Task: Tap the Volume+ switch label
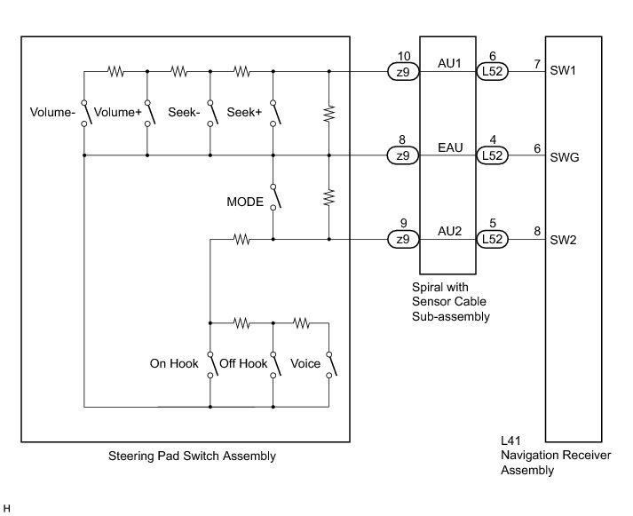118,113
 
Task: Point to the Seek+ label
243,113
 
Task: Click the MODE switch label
245,202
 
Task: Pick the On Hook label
173,364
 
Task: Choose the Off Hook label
241,364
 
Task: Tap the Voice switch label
305,364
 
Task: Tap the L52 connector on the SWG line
492,155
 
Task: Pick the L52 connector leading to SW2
492,239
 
